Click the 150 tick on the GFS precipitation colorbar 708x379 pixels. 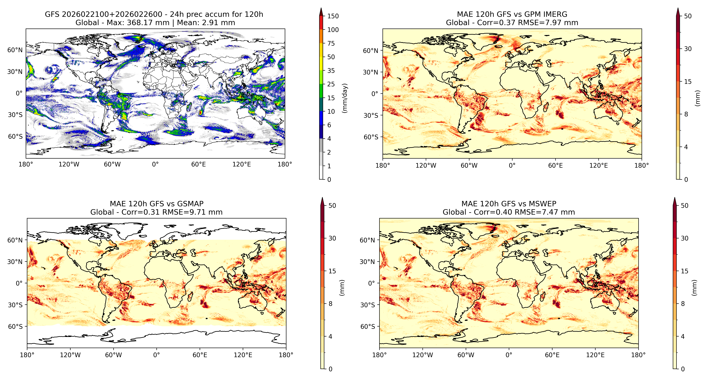(333, 16)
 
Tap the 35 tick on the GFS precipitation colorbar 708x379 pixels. (331, 71)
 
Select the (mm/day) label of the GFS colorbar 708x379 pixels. (345, 98)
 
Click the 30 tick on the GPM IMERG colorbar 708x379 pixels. (688, 49)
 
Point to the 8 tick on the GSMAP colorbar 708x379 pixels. (330, 304)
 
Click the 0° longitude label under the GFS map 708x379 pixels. (155, 165)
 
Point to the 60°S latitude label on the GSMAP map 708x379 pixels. (15, 327)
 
